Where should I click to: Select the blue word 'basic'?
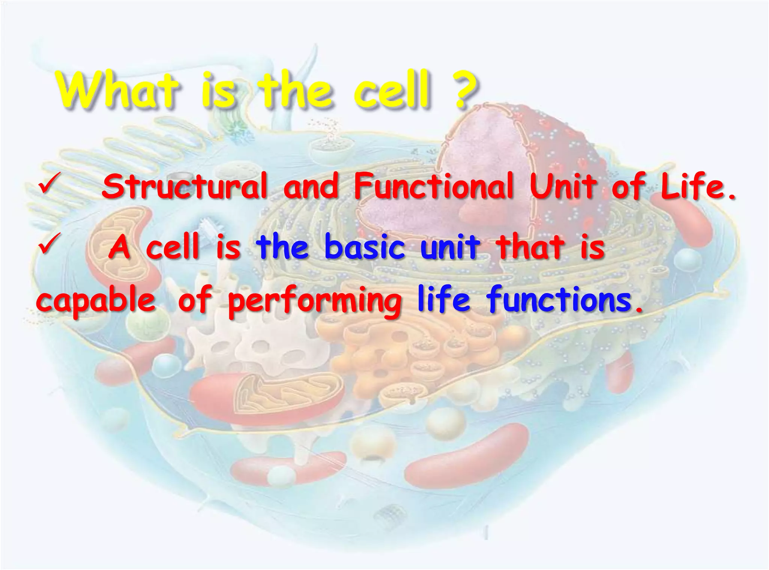[x=365, y=247]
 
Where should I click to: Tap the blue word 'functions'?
[x=559, y=301]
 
